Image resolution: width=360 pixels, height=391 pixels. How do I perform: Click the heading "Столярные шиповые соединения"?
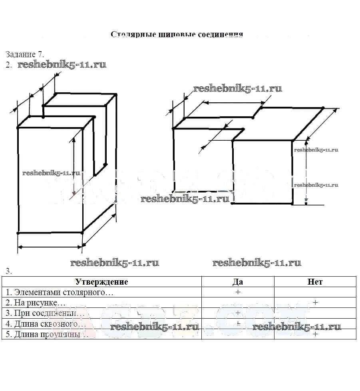point(177,34)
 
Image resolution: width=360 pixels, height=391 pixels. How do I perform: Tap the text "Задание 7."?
point(25,54)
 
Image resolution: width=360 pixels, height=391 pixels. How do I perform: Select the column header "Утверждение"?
point(101,282)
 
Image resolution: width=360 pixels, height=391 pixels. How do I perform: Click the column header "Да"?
point(238,282)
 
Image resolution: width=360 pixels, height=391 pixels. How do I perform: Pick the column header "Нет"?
point(315,282)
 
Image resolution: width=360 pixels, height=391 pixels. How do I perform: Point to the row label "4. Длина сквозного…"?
point(44,323)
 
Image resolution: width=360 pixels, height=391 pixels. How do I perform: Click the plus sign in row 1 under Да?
point(238,292)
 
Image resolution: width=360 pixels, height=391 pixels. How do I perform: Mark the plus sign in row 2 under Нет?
point(315,303)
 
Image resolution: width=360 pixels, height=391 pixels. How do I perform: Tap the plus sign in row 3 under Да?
point(238,313)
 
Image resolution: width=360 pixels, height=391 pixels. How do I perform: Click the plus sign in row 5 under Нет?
point(315,334)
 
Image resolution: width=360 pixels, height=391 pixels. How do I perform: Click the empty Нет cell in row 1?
point(315,292)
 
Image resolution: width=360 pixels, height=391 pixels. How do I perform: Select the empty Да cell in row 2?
point(238,303)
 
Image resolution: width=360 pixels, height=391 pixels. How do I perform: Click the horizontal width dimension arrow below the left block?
point(50,247)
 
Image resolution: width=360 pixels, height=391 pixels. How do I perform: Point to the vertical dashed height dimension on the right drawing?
point(306,172)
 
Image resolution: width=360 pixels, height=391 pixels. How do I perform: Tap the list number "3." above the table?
point(9,271)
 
